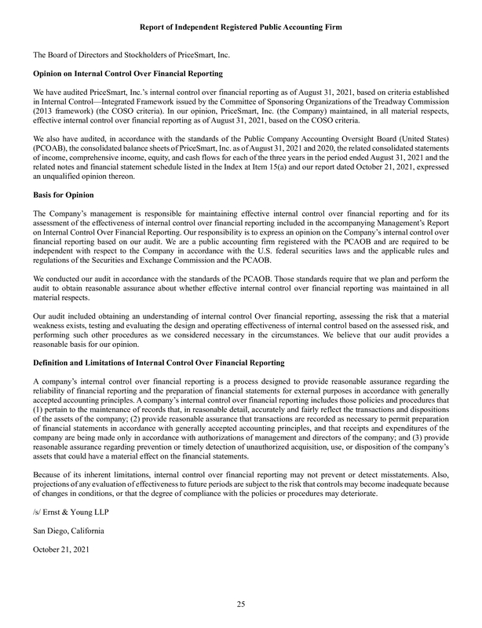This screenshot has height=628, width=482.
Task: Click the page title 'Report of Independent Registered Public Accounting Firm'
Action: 240,27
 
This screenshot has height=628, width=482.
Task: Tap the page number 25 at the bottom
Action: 240,603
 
